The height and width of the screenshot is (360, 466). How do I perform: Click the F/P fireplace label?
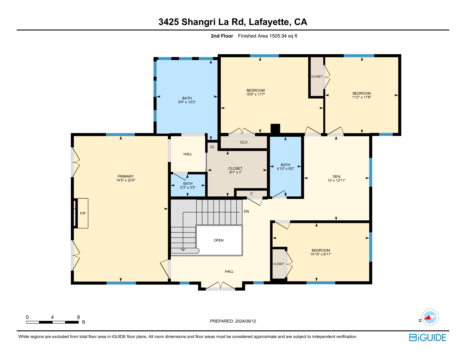tap(83, 213)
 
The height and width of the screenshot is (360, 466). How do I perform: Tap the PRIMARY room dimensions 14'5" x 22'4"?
tap(126, 180)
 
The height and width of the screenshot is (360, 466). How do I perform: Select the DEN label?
tap(336, 177)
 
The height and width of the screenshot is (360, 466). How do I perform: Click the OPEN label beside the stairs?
tap(218, 240)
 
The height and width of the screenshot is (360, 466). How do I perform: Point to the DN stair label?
tap(246, 211)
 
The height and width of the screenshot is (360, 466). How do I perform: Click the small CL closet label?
tap(212, 147)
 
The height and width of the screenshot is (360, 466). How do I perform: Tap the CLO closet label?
tap(243, 142)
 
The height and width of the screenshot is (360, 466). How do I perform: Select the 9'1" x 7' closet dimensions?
tap(235, 172)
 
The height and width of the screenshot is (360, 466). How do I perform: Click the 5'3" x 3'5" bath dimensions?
tap(188, 187)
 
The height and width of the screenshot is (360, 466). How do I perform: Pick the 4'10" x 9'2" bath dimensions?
tap(285, 169)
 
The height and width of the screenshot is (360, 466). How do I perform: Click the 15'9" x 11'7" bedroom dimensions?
tap(255, 94)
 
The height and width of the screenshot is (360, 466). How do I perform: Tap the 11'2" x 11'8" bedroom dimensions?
tap(361, 97)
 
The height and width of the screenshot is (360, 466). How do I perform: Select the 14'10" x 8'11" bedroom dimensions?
tap(321, 254)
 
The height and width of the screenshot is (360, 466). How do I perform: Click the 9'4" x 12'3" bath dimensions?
tap(187, 102)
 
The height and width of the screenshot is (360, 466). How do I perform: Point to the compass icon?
tap(430, 317)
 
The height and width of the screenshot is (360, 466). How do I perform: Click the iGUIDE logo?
tap(427, 338)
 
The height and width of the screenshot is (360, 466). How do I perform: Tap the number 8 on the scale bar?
tap(78, 317)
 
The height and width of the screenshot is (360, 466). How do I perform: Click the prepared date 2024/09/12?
tap(245, 321)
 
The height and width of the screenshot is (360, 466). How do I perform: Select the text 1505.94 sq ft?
tap(283, 36)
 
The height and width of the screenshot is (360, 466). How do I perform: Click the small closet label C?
tap(252, 193)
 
